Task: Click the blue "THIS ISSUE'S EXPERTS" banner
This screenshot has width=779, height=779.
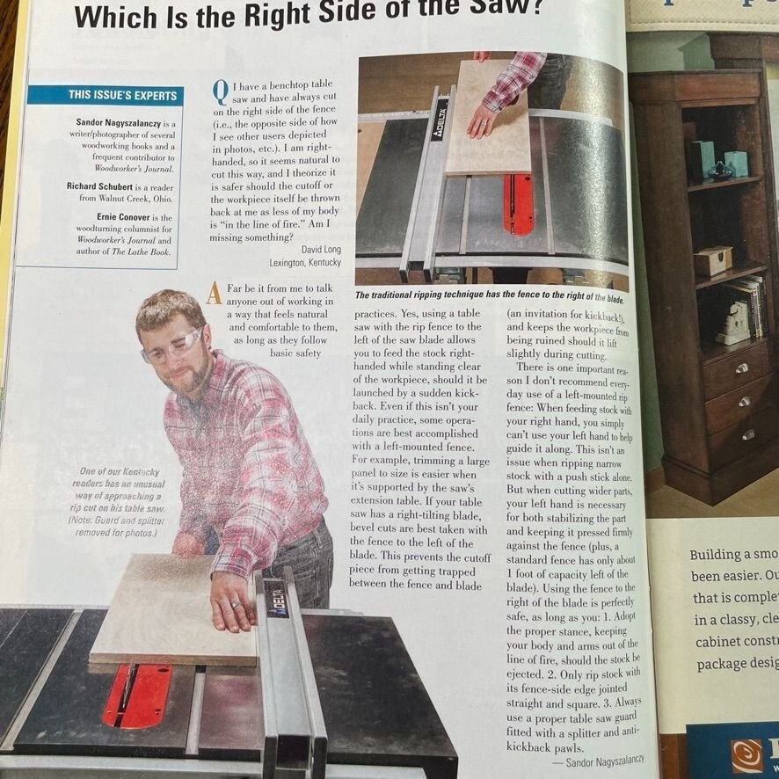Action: click(105, 95)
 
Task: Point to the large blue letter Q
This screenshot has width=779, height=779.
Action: click(221, 91)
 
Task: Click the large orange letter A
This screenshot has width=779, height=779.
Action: click(214, 293)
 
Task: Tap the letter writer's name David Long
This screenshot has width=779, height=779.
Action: click(323, 250)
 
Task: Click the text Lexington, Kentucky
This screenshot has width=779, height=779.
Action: click(306, 263)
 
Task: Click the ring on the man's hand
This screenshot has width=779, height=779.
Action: click(236, 604)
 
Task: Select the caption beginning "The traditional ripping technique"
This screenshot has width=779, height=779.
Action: click(491, 296)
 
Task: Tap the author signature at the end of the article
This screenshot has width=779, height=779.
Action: click(598, 761)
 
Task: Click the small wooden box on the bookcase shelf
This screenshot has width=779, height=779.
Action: click(712, 261)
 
